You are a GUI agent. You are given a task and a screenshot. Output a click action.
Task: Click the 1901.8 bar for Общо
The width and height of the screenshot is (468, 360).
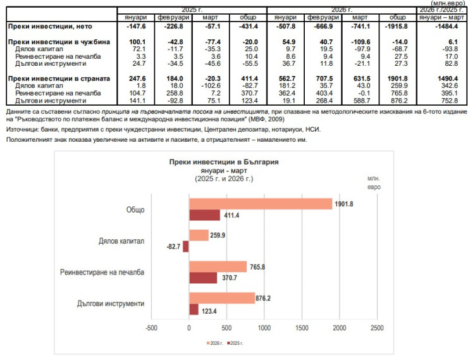click(x=261, y=204)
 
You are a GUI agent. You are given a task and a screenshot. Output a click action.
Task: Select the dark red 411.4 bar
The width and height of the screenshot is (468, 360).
click(x=204, y=215)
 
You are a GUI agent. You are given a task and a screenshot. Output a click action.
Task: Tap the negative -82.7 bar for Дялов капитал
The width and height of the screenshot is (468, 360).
click(x=186, y=247)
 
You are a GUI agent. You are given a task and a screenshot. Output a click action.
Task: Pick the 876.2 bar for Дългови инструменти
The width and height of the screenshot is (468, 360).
click(x=222, y=298)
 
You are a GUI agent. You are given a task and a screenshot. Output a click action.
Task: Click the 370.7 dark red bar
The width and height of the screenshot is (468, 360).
click(x=203, y=278)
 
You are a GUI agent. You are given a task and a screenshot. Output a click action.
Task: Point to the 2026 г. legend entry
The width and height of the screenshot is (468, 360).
click(x=215, y=344)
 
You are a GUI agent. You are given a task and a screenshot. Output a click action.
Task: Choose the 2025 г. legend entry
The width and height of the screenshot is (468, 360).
click(x=235, y=344)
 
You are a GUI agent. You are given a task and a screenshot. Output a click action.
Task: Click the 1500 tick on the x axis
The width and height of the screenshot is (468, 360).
click(x=302, y=328)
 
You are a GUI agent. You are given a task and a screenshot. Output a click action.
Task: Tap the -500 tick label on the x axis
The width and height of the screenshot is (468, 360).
click(x=151, y=328)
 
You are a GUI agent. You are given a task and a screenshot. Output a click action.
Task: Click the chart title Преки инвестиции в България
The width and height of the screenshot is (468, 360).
click(x=224, y=162)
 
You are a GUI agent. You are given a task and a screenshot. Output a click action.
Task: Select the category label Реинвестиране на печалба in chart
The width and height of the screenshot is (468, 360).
click(x=102, y=272)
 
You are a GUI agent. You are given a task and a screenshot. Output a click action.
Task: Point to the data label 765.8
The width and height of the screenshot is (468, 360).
click(x=257, y=267)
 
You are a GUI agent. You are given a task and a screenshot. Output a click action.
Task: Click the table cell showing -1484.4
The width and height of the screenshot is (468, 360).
click(x=446, y=27)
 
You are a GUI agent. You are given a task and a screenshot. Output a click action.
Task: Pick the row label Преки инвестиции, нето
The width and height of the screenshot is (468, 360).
click(x=50, y=27)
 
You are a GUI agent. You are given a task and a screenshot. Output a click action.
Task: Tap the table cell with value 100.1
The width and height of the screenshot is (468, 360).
click(x=137, y=42)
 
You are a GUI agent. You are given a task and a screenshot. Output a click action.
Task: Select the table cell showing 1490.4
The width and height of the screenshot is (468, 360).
click(x=448, y=78)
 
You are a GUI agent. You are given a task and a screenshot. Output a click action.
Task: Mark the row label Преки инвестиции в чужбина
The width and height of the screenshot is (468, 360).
click(x=59, y=42)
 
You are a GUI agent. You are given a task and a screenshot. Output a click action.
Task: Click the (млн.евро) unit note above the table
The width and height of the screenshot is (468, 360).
click(x=448, y=3)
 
